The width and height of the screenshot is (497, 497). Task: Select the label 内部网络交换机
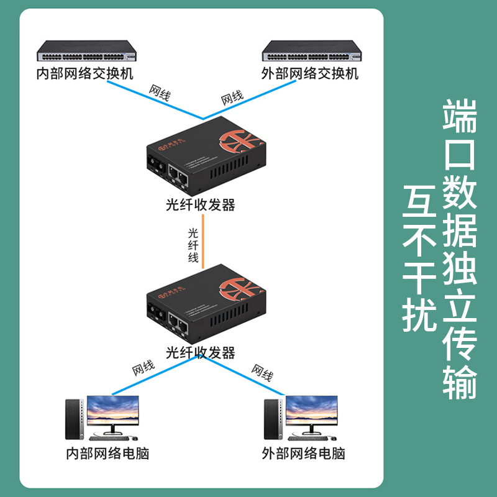pyautogui.click(x=84, y=74)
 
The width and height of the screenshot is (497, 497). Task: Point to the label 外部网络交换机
pyautogui.click(x=309, y=74)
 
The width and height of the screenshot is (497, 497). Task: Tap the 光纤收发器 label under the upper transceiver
pyautogui.click(x=201, y=205)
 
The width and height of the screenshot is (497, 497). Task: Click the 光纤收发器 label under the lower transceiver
pyautogui.click(x=201, y=353)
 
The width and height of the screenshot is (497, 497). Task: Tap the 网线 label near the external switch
pyautogui.click(x=232, y=97)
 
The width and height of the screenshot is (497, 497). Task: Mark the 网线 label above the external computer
pyautogui.click(x=262, y=373)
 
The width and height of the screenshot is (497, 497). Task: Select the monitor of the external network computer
pyautogui.click(x=311, y=413)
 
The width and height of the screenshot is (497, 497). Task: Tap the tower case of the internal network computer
pyautogui.click(x=73, y=416)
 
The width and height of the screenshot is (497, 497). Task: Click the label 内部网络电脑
pyautogui.click(x=107, y=452)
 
